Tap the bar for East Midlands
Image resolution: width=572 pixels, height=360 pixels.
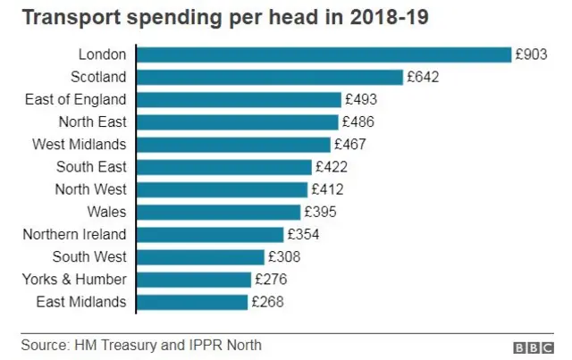[191, 302]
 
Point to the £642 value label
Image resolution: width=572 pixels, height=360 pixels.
[422, 78]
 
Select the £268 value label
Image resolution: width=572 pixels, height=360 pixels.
[266, 302]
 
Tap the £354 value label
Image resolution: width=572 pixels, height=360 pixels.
[302, 235]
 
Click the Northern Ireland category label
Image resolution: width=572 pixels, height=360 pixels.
[75, 235]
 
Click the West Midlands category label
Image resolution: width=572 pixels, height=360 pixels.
[79, 144]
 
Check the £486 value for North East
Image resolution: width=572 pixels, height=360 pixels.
[357, 122]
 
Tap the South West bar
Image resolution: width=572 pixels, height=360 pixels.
[200, 257]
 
